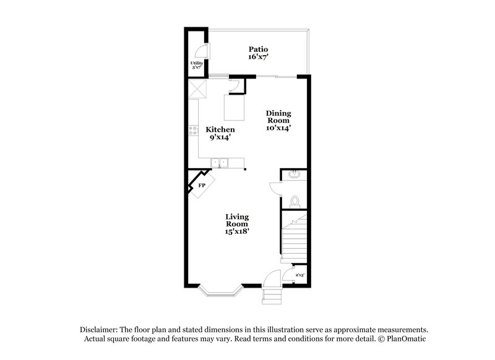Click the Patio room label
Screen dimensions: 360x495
click(x=258, y=49)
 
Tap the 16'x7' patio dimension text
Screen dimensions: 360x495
click(x=258, y=58)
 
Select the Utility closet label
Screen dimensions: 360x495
click(x=196, y=62)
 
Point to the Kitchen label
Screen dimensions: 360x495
click(x=220, y=130)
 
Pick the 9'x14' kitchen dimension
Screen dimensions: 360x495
click(x=220, y=139)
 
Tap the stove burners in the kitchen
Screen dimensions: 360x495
click(x=192, y=131)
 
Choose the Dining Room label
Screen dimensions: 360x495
click(x=278, y=117)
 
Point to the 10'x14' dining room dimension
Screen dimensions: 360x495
click(x=278, y=129)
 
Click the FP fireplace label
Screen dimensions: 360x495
click(x=201, y=184)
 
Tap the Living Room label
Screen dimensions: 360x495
click(x=237, y=220)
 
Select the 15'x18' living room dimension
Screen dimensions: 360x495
click(x=237, y=231)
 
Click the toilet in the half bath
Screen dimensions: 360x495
click(x=295, y=200)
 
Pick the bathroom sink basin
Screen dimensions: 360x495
click(x=294, y=175)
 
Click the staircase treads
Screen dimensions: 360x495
click(x=294, y=238)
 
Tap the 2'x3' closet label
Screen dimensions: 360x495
click(x=299, y=273)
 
